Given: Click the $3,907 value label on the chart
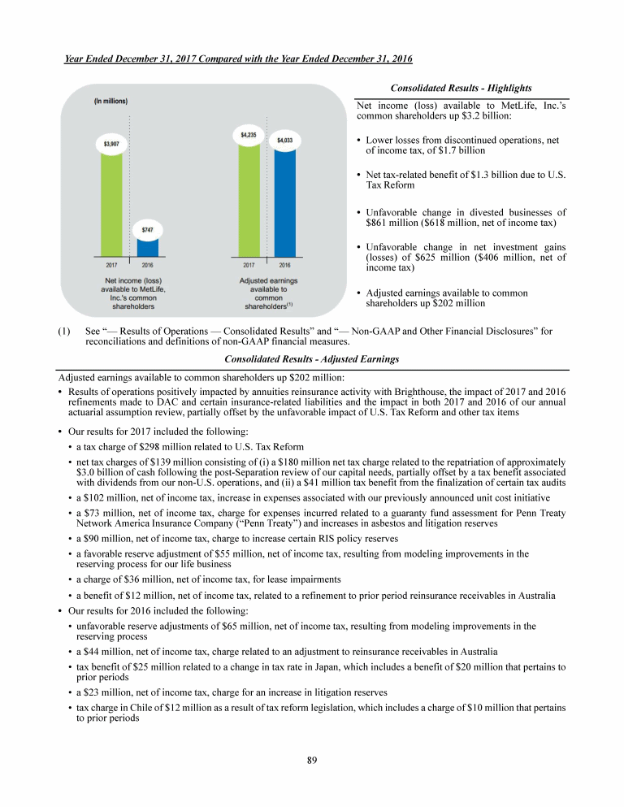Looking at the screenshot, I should coord(111,143).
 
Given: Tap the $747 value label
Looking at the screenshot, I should coord(148,230).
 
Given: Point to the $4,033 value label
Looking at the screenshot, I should coord(284,140).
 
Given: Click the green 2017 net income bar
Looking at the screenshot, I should coord(111,203).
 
